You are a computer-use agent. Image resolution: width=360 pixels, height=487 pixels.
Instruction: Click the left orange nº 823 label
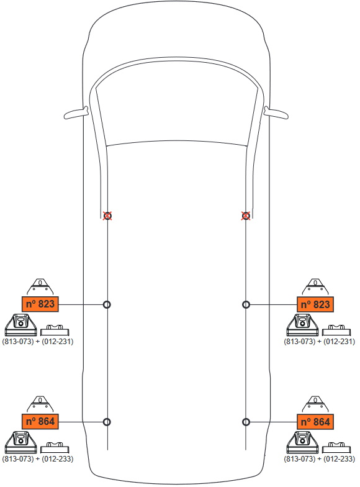(40, 304)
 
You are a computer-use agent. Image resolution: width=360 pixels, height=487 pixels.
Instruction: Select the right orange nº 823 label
(315, 304)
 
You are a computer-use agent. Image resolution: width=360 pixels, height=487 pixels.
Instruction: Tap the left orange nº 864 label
(40, 421)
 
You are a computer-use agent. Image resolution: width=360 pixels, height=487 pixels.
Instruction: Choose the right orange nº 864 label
(315, 421)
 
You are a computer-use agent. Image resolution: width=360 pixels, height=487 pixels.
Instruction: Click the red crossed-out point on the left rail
(107, 216)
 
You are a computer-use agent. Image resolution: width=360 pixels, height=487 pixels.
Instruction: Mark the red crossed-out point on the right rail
(246, 216)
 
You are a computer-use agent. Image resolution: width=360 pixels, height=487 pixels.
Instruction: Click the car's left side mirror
(76, 113)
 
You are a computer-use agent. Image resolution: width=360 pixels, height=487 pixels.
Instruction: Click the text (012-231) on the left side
(57, 342)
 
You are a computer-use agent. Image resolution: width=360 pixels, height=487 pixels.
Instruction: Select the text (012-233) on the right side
(339, 458)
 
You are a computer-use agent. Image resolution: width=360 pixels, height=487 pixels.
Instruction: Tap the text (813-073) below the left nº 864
(17, 458)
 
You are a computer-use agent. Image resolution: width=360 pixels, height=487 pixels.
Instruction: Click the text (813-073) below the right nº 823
(299, 342)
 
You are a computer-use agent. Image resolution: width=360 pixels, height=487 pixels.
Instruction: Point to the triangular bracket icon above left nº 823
(40, 287)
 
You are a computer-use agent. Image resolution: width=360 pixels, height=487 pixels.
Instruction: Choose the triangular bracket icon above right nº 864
(315, 404)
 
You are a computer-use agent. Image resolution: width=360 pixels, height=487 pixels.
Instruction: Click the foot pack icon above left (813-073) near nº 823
(21, 325)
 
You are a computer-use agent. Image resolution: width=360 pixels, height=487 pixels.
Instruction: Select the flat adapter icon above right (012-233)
(336, 447)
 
